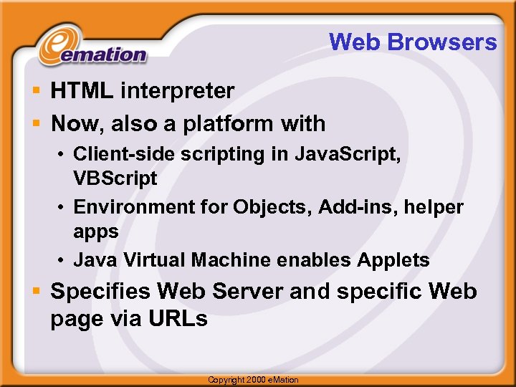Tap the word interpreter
click(178, 91)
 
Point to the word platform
click(229, 124)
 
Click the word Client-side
click(119, 154)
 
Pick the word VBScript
click(115, 178)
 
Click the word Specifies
click(101, 292)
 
